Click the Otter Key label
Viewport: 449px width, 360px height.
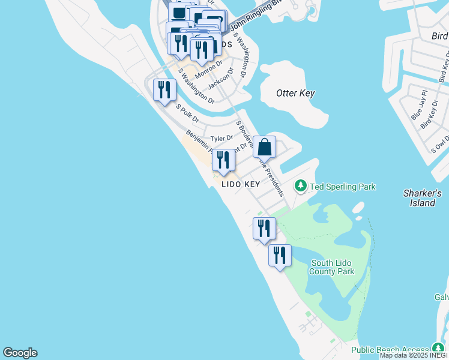click(295, 93)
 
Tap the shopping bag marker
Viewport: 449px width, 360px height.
click(264, 147)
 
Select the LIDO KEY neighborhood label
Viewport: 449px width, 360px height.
click(241, 185)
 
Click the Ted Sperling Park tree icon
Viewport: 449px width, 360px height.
click(301, 187)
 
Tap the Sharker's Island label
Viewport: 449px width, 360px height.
click(423, 198)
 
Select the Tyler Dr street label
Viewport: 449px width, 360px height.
click(221, 138)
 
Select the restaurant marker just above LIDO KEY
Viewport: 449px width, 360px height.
click(223, 160)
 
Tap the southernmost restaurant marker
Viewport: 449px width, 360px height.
click(280, 256)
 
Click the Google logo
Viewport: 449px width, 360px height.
click(20, 353)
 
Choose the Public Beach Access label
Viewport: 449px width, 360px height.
click(390, 349)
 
